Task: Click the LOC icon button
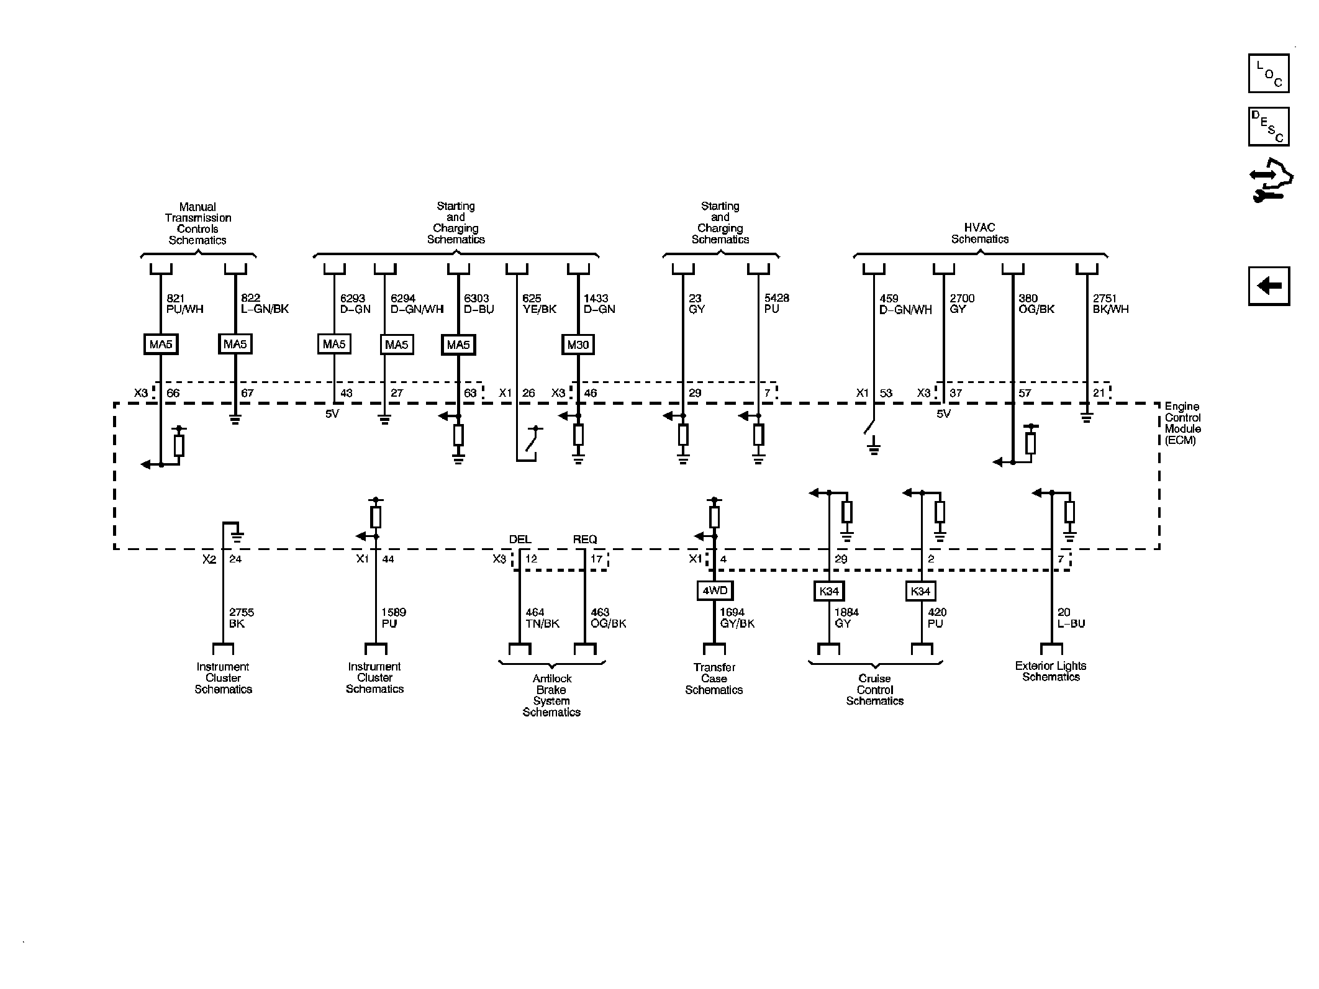[1269, 73]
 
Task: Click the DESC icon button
[1269, 127]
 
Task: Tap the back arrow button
[1269, 286]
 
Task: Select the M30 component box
[578, 344]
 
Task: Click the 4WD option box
[714, 590]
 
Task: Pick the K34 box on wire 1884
[829, 591]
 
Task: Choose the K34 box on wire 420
[920, 591]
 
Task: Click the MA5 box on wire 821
[161, 344]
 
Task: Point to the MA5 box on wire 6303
[458, 345]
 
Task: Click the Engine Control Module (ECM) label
[1182, 423]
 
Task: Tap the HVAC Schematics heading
[980, 233]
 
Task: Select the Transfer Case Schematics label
[714, 679]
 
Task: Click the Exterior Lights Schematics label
[1051, 672]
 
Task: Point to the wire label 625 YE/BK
[540, 304]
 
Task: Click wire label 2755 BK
[242, 618]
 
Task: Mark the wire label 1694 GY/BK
[737, 618]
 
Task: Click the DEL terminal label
[520, 540]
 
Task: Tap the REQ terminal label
[585, 540]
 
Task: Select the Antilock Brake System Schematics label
[551, 695]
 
